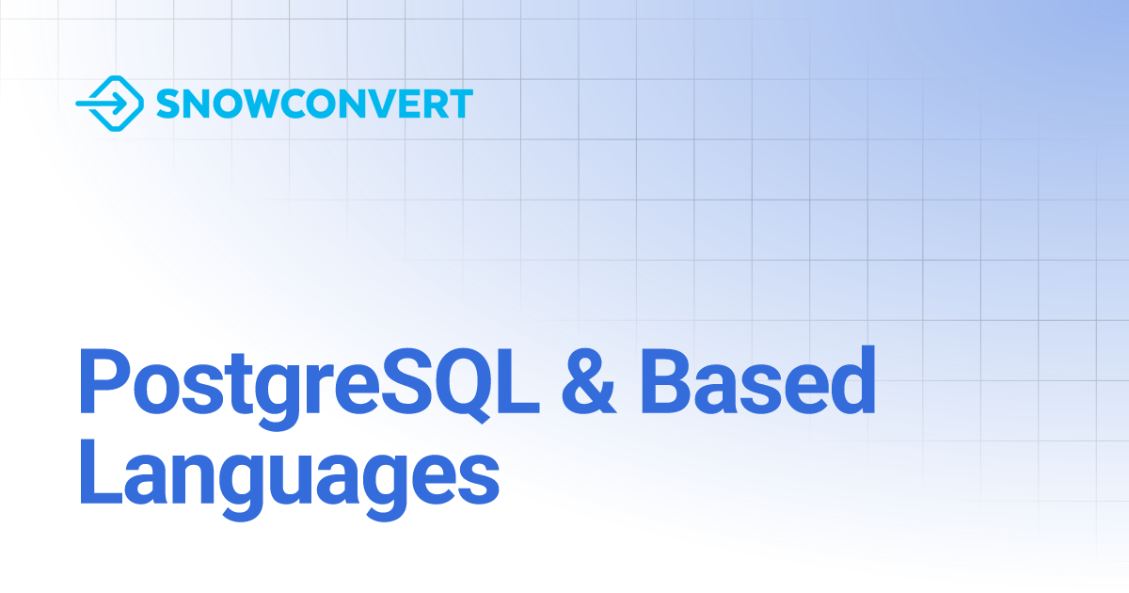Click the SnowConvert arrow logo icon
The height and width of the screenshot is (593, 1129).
(109, 103)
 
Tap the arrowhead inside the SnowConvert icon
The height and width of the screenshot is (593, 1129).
(117, 103)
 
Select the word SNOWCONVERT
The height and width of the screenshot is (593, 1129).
(314, 103)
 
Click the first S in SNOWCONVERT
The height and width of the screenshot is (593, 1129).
(167, 103)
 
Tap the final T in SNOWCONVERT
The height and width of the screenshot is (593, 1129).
(458, 103)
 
